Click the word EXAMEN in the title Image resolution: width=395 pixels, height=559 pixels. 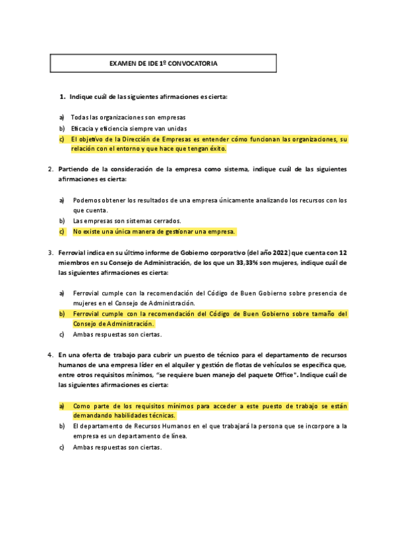121,64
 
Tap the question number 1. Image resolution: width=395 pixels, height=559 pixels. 62,97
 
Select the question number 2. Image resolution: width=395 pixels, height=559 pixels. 51,169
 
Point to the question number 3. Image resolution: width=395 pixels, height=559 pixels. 51,252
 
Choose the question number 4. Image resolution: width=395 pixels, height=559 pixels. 51,355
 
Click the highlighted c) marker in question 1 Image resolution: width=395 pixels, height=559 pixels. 61,139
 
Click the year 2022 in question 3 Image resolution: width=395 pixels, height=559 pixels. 280,252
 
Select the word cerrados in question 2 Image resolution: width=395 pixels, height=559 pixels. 166,221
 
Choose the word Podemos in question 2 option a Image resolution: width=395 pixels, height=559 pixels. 86,200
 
